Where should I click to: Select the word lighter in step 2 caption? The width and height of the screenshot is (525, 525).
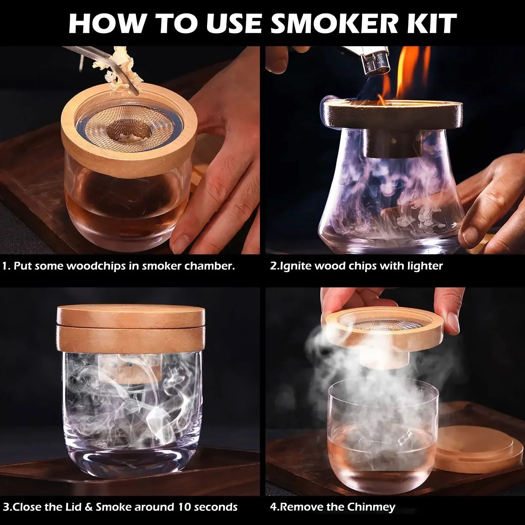click(425, 266)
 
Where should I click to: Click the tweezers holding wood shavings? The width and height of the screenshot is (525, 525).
click(98, 61)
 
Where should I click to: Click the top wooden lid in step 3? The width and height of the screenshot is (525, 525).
click(131, 315)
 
